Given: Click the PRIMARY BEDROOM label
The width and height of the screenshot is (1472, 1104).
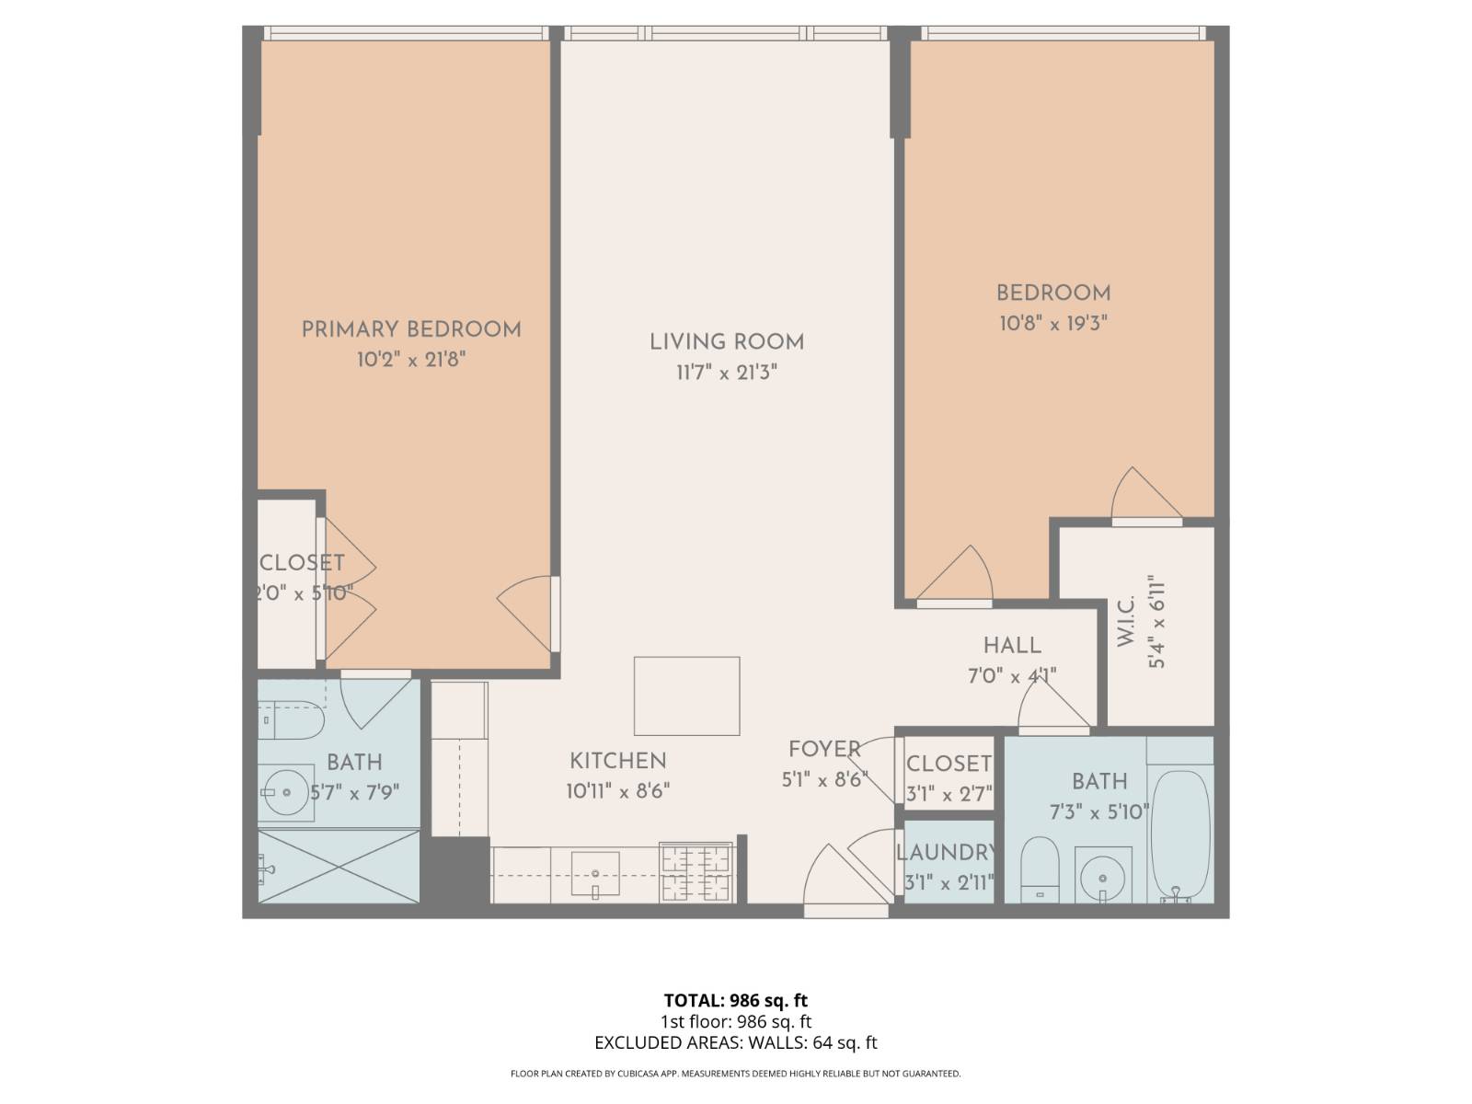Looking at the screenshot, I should point(411,329).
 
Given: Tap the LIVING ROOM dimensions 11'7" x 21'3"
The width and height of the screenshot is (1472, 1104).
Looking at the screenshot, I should point(727,373).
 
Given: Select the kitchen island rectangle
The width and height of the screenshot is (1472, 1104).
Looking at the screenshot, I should point(686,696).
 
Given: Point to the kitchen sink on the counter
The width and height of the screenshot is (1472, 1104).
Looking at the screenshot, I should point(595,872).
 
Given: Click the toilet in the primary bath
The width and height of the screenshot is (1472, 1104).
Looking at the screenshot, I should point(291,721).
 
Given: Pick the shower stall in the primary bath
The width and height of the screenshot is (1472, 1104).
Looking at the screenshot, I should point(339,866).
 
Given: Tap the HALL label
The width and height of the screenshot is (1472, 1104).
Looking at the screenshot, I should point(1012,646).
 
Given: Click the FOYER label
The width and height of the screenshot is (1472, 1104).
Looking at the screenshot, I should point(824,749).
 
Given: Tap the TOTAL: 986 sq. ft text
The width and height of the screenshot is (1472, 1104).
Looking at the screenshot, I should point(735,1000).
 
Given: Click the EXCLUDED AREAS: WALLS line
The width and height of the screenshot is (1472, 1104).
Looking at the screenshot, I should point(735,1042).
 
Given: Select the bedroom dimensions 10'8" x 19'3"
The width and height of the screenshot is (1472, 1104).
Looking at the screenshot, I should point(1052,324).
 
